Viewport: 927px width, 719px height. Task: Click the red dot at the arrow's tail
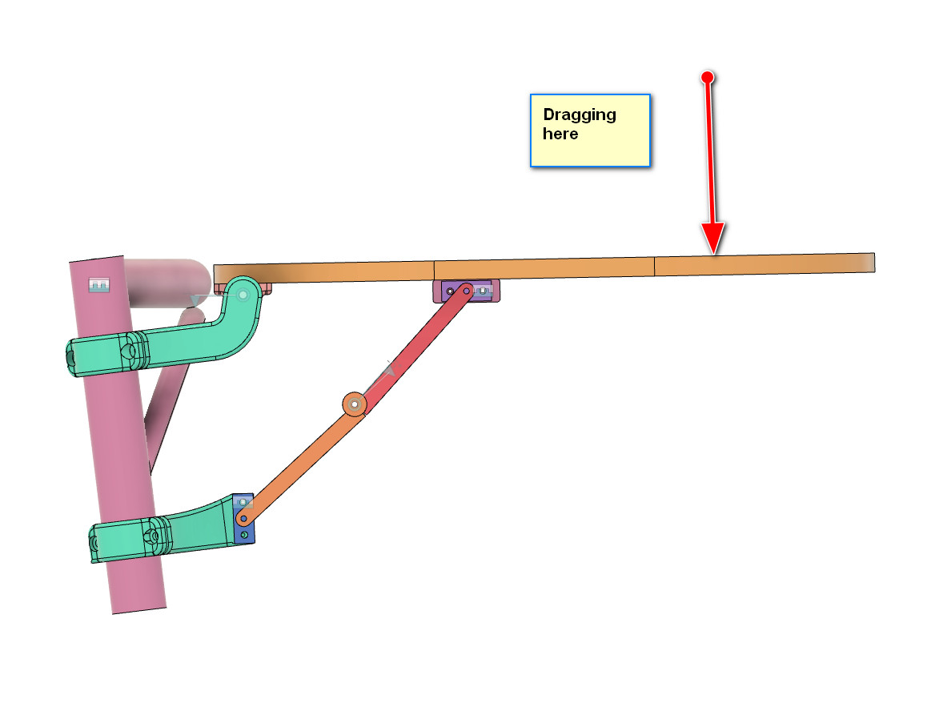(707, 77)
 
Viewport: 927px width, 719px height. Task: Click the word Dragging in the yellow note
(580, 114)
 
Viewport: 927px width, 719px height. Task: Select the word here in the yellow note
(560, 134)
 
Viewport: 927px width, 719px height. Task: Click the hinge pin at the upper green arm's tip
(243, 295)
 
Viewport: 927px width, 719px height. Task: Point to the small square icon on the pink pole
(98, 284)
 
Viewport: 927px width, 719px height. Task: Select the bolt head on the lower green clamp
(151, 536)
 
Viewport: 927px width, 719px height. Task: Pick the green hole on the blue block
(244, 535)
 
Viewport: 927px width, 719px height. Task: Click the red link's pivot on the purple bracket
(465, 290)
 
